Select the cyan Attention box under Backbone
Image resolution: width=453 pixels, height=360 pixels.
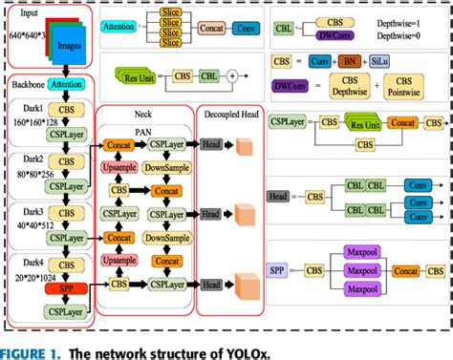tap(65, 85)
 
